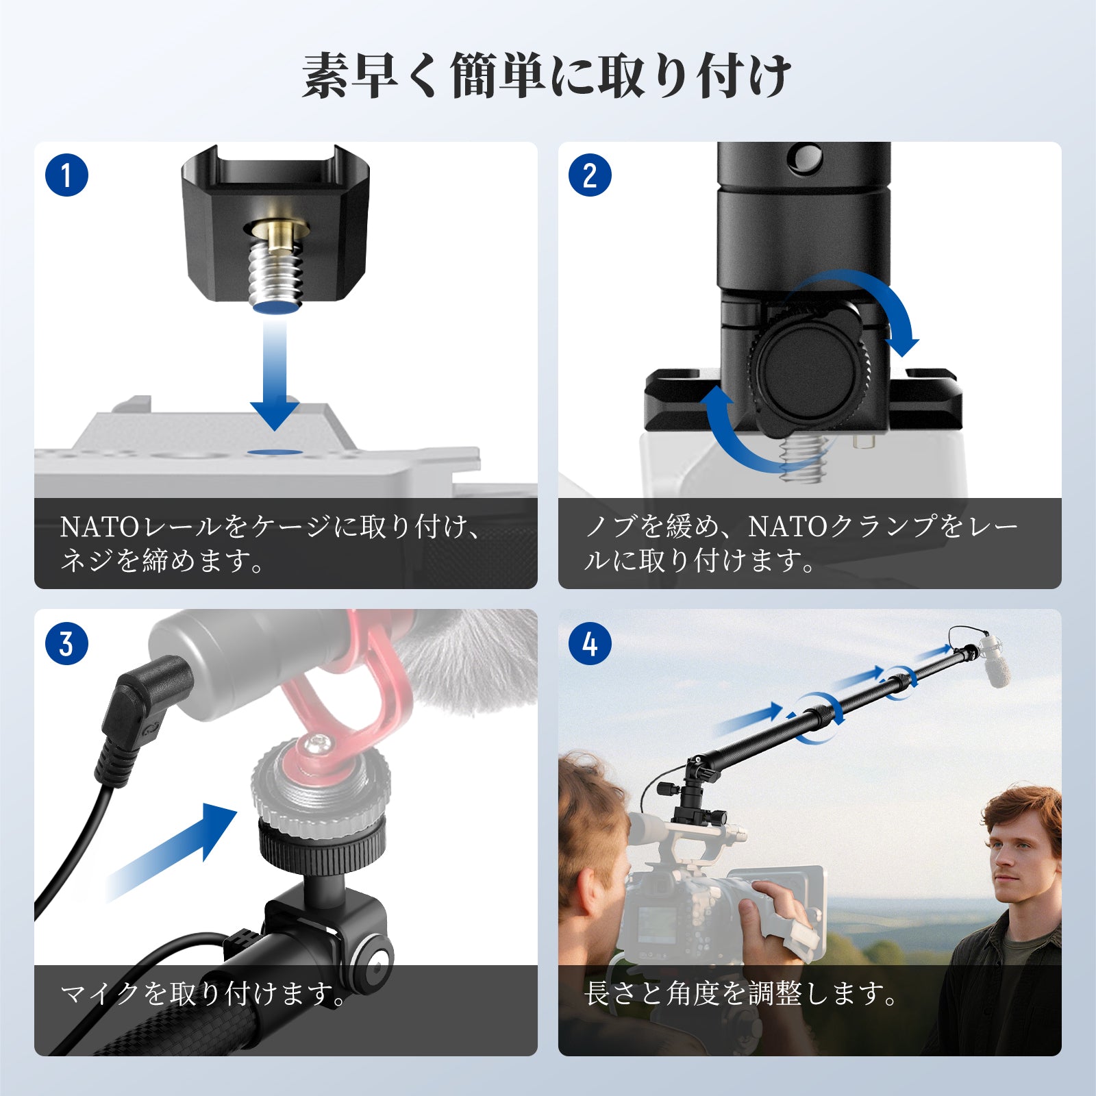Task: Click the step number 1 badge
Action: click(x=66, y=175)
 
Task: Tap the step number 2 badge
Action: click(x=590, y=175)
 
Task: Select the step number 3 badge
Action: click(x=66, y=644)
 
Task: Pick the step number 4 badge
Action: click(x=590, y=644)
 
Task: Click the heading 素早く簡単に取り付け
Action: click(x=547, y=75)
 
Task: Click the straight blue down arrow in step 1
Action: click(x=275, y=373)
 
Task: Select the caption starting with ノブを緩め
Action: click(x=801, y=544)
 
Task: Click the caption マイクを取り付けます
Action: click(x=203, y=994)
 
